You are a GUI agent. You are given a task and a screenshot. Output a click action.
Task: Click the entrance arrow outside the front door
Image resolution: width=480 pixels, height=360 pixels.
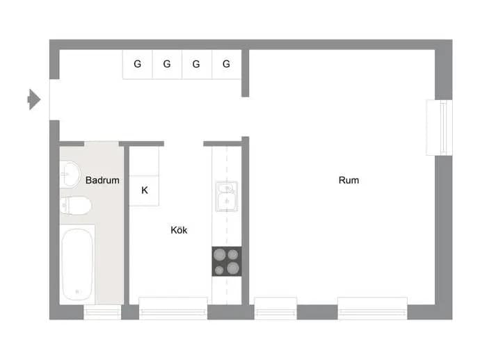coord(34,99)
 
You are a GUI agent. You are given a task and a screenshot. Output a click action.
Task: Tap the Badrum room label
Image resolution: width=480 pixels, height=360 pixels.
coord(102,180)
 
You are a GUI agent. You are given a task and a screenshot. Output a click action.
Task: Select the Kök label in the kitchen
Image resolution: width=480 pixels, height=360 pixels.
coord(179,230)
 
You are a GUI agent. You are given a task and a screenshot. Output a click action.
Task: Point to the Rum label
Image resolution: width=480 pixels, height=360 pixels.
coord(349,180)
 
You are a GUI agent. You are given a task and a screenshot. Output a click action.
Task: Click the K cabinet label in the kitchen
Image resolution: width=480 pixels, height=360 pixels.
coord(145,190)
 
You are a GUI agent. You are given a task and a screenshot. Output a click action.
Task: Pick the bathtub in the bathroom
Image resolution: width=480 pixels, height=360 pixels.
coord(77,265)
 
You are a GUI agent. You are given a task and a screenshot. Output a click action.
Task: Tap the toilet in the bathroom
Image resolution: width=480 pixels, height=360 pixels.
coord(75,206)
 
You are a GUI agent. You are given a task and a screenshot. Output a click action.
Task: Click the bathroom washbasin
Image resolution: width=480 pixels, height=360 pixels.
coord(70,174)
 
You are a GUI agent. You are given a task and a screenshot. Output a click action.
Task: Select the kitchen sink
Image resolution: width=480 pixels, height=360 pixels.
coord(227,197)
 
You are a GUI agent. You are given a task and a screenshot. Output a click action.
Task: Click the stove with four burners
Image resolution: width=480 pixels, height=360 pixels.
coord(227,261)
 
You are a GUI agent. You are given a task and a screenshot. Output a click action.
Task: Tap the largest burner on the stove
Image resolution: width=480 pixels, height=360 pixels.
coord(233,268)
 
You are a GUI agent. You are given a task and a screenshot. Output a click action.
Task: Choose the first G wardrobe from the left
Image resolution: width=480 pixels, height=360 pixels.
coord(138,65)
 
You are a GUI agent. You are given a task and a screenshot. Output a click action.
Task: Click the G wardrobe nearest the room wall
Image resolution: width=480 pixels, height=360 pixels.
coord(227,65)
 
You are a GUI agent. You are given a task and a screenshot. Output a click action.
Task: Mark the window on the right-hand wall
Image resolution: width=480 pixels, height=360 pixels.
coord(439,128)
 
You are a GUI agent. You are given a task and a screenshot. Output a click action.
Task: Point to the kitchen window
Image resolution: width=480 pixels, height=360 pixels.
coord(173,309)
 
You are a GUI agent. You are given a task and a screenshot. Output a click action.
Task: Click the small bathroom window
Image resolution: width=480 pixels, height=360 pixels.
coord(102,312)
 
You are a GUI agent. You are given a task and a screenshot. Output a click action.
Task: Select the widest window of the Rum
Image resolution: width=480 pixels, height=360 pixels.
coord(373,309)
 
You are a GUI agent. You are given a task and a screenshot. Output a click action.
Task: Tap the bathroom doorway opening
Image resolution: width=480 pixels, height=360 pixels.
coord(102,144)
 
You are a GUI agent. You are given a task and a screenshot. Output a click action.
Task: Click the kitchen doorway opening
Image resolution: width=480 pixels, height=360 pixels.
coord(184,144)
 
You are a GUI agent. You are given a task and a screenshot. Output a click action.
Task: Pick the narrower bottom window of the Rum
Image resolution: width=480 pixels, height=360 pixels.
coord(275,309)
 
